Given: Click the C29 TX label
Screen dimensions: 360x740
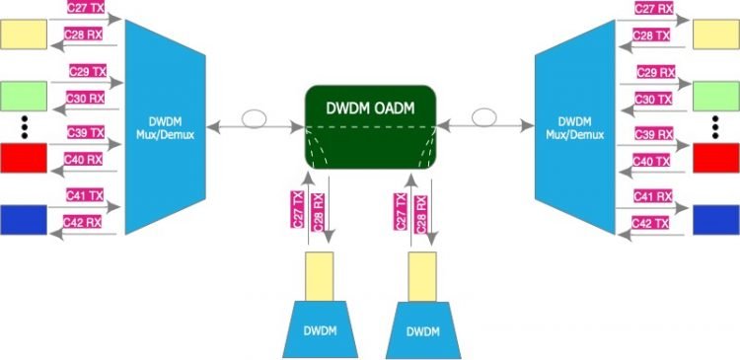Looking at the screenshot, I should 87,73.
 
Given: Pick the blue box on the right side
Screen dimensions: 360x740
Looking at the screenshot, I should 716,219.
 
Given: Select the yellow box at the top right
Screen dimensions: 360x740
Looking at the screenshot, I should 716,34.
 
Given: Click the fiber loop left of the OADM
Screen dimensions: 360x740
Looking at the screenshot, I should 255,119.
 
